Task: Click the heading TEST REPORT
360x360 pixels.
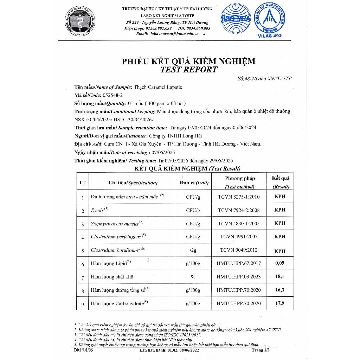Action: (x=189, y=70)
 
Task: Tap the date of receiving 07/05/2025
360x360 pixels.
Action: (x=162, y=153)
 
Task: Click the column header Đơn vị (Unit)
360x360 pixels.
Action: (x=194, y=182)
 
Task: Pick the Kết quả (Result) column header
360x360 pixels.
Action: (x=281, y=182)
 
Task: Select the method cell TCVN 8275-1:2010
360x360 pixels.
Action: (x=239, y=197)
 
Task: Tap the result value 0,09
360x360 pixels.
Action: (x=280, y=263)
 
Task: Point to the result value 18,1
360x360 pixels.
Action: (x=280, y=277)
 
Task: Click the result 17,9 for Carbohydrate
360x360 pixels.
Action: (x=280, y=303)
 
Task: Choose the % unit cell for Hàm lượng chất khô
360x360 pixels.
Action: (x=193, y=277)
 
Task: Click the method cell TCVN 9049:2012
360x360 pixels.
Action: (x=239, y=250)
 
